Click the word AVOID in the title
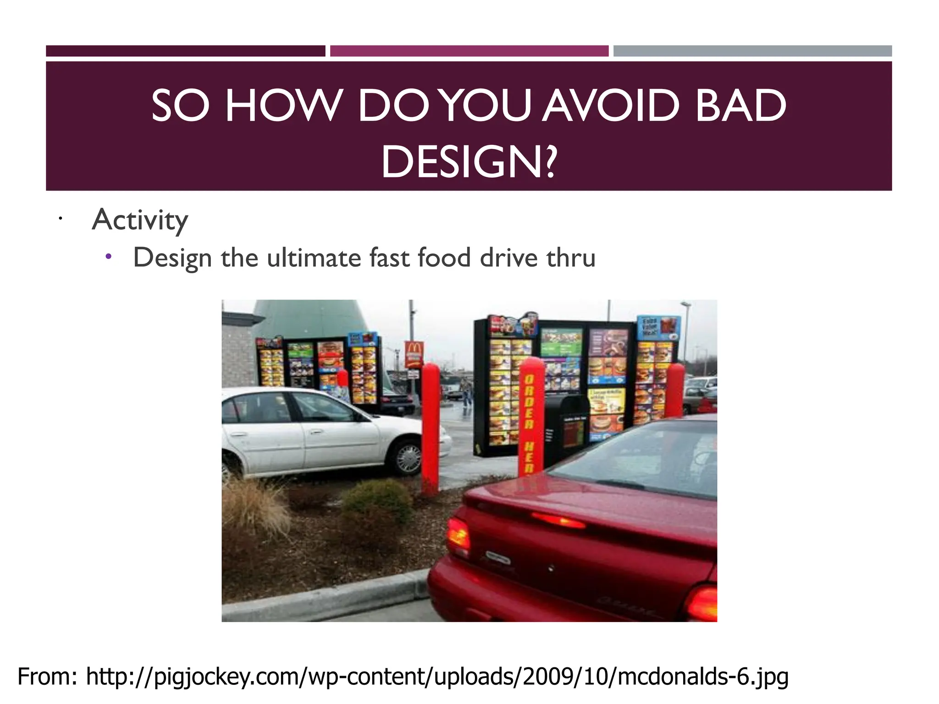click(610, 106)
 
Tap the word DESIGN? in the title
click(469, 162)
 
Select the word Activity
click(140, 220)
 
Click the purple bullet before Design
click(108, 257)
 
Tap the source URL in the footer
click(437, 677)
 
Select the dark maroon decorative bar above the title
click(185, 51)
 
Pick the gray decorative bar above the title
click(752, 51)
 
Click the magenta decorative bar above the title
click(469, 51)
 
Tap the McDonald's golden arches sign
click(414, 353)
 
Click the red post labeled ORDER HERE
click(530, 417)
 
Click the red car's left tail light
click(458, 534)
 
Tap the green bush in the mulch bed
click(378, 502)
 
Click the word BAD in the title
click(740, 106)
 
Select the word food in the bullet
click(444, 258)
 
